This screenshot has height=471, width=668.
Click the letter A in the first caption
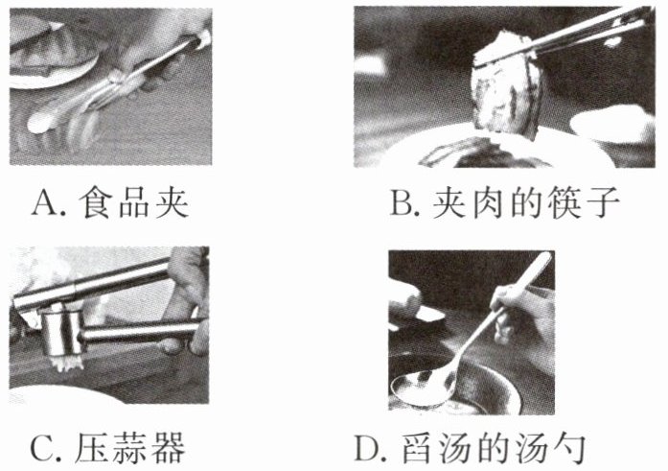(44, 203)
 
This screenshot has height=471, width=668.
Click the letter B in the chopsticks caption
(401, 203)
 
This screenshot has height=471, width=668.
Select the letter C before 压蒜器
(41, 448)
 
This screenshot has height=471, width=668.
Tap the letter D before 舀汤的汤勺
(367, 448)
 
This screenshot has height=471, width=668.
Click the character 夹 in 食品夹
(172, 203)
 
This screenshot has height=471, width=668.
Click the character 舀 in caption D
(419, 448)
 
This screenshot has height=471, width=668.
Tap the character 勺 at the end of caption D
(569, 448)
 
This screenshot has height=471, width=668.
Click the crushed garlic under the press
(66, 363)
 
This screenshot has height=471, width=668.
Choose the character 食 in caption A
(95, 203)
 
